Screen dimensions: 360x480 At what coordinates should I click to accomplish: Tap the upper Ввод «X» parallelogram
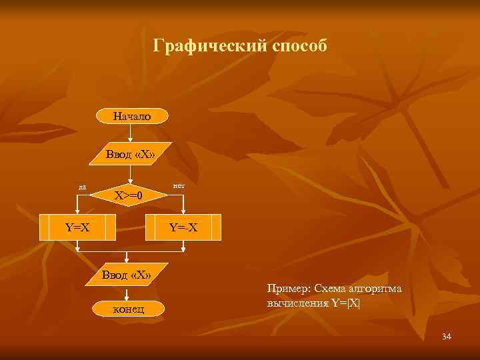click(x=131, y=155)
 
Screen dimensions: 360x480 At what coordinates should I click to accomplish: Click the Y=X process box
click(x=77, y=227)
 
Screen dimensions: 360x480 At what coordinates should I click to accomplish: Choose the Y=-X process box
click(x=182, y=227)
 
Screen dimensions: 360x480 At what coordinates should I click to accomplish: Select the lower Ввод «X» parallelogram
click(x=126, y=275)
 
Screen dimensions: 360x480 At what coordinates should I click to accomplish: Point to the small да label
click(x=81, y=187)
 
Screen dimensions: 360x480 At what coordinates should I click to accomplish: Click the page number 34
click(x=447, y=336)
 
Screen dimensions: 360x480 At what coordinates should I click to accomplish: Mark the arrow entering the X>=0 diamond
click(x=131, y=175)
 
